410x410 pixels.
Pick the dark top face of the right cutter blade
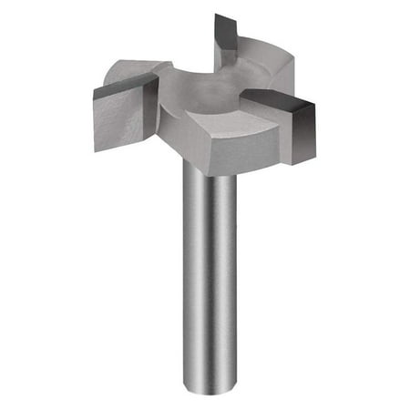[278, 98]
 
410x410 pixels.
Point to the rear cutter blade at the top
[228, 36]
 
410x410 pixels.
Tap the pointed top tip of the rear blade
[219, 15]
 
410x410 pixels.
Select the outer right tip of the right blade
[315, 109]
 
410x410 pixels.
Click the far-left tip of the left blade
[95, 91]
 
